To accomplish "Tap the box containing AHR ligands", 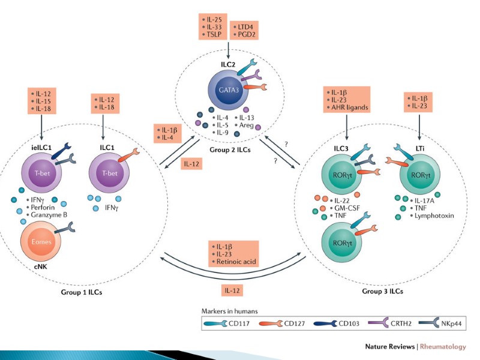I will [x=347, y=99].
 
